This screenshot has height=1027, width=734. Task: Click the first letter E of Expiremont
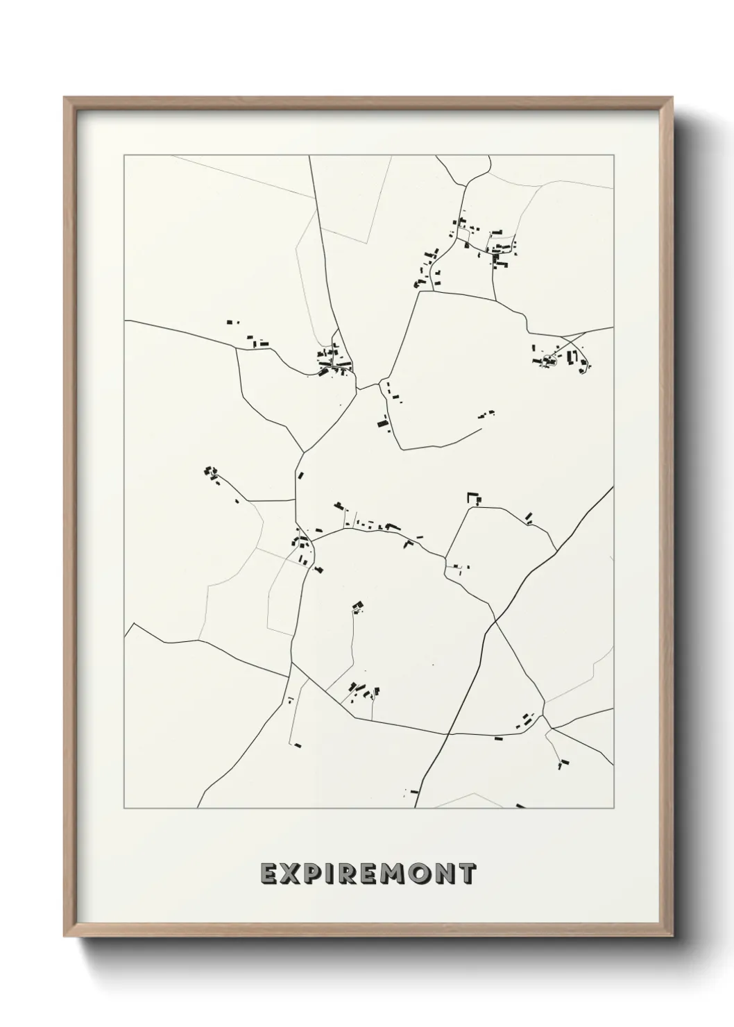click(x=269, y=874)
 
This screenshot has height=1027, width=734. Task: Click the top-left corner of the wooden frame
click(x=65, y=97)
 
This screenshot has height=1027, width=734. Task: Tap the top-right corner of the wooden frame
click(x=673, y=97)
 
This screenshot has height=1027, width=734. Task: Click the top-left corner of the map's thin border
click(x=124, y=155)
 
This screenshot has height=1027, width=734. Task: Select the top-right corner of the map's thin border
click(x=613, y=155)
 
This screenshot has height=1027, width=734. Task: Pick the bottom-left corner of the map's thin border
click(x=124, y=808)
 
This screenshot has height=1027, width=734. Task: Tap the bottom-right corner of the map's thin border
click(x=613, y=808)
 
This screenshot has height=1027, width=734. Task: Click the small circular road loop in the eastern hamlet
click(x=549, y=359)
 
